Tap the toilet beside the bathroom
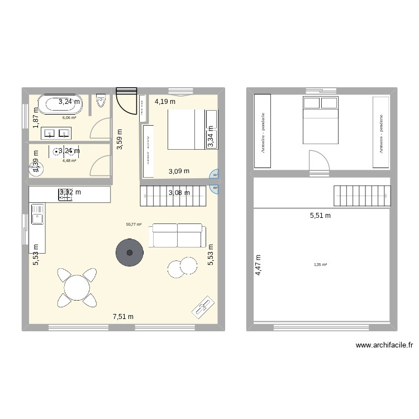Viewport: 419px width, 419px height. point(101,101)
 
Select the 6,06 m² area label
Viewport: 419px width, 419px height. point(69,118)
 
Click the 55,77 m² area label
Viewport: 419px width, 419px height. point(134,225)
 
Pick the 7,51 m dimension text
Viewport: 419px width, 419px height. point(123,317)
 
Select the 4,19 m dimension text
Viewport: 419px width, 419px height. point(165,102)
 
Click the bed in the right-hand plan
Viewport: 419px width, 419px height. point(321,120)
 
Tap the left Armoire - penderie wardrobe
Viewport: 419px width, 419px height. point(263,131)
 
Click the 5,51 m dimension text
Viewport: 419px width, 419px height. point(320,215)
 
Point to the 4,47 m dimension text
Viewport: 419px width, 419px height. point(258,266)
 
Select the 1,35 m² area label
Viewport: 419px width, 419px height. point(320,264)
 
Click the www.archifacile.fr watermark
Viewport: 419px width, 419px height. point(383,346)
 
